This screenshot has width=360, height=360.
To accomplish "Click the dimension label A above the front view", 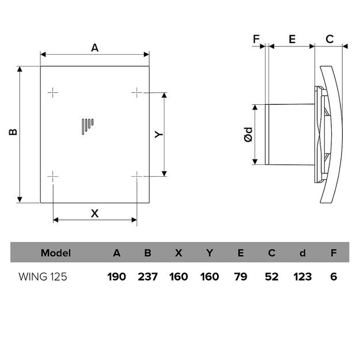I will point(95,48).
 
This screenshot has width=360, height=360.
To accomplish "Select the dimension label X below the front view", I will point(95,213).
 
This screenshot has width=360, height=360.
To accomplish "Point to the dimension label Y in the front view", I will point(160,134).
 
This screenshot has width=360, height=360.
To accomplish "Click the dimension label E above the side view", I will point(291,40).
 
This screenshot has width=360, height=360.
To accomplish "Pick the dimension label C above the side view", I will point(329,40).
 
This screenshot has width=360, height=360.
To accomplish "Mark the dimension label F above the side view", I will point(256,40).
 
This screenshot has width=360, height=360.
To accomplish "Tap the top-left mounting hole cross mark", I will point(53,92).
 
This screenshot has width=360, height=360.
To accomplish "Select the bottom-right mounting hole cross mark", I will point(137,176).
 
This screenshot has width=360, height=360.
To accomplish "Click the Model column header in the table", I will point(56,253).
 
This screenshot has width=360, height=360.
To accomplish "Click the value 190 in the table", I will point(116,276).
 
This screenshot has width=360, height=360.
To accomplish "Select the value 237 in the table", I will point(147,276).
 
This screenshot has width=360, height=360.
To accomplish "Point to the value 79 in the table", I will point(240,276).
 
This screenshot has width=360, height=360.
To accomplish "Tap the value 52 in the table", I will point(271,276).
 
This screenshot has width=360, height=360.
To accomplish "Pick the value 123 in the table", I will point(302,276).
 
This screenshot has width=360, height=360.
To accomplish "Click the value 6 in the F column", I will point(334,276).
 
